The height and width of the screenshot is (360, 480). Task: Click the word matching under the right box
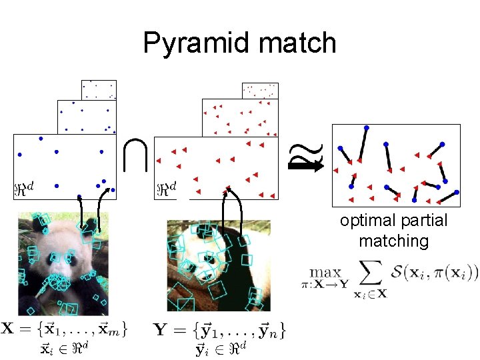click(393, 240)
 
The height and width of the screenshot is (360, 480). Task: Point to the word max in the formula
click(325, 272)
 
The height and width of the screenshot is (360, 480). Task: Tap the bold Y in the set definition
click(160, 329)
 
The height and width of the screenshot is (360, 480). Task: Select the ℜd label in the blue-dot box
click(27, 189)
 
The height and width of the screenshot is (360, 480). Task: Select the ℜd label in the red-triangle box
click(167, 189)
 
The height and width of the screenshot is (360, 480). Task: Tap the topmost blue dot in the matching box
click(366, 127)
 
